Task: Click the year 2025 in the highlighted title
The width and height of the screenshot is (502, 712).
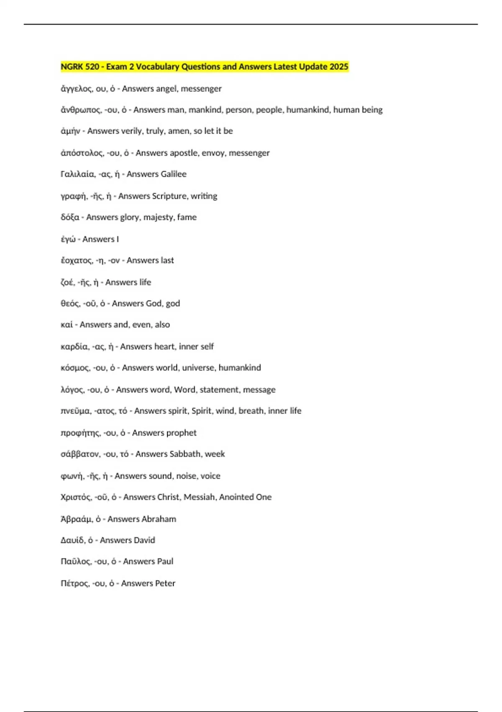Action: [339, 67]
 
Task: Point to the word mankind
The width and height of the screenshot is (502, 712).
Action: [204, 110]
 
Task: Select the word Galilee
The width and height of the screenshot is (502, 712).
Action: [172, 174]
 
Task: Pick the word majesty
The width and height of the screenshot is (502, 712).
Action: [158, 217]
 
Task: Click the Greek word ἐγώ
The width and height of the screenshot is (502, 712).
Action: [68, 239]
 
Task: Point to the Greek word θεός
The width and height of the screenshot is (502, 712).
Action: [70, 304]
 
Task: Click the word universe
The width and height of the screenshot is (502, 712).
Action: [198, 368]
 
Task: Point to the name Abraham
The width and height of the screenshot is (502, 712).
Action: [159, 519]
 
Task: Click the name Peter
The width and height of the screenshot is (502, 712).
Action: [164, 583]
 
